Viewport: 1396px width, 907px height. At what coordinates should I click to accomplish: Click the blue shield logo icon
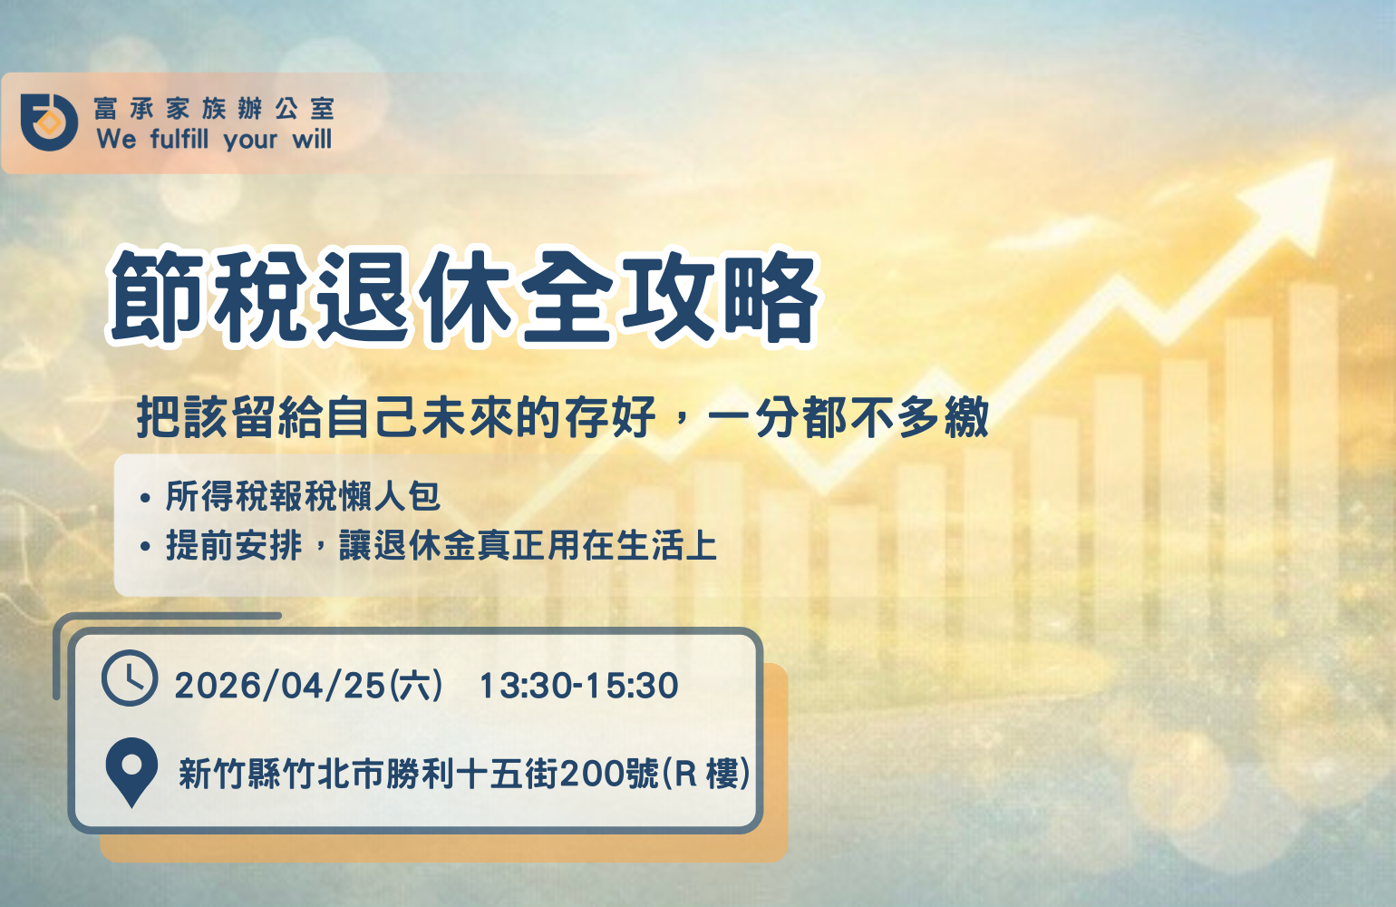[49, 122]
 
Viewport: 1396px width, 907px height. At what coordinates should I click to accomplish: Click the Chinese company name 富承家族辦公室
[214, 109]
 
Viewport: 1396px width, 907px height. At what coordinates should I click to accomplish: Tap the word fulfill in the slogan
[179, 139]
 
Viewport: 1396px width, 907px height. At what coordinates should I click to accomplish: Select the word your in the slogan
[250, 141]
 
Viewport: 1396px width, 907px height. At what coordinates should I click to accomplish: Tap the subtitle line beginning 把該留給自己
[564, 417]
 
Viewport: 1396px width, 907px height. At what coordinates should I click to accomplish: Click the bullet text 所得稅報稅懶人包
[304, 497]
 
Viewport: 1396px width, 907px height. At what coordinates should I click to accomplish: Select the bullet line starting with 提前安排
[441, 545]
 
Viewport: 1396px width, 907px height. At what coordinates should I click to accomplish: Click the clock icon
[130, 678]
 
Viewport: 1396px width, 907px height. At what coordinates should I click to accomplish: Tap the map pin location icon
[131, 773]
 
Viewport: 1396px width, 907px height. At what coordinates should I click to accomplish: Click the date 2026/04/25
[279, 686]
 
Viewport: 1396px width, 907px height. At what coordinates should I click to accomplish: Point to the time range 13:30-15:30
[579, 686]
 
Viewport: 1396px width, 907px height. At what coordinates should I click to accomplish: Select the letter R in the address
[685, 775]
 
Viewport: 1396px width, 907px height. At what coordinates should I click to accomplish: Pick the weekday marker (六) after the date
[416, 686]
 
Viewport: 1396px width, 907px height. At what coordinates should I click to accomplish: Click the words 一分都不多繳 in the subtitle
[848, 417]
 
